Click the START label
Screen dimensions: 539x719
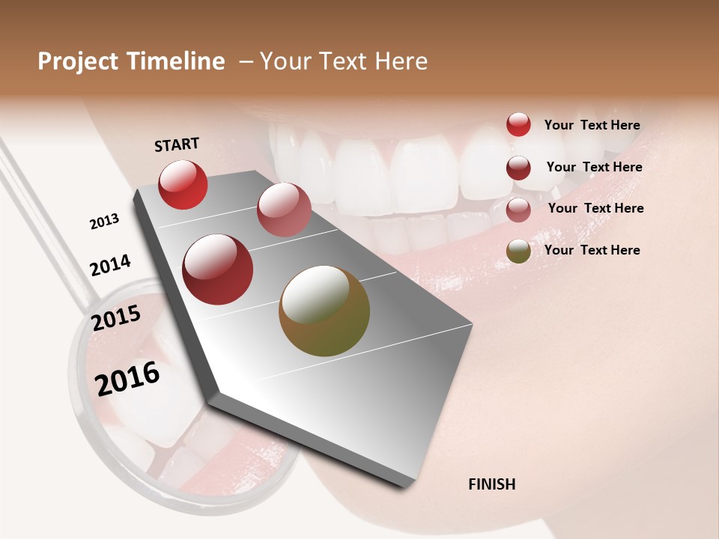pos(177,144)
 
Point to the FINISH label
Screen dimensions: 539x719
pos(492,484)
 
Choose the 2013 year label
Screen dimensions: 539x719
pos(105,222)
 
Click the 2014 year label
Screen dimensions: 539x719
pos(111,266)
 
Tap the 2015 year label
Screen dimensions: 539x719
pos(116,318)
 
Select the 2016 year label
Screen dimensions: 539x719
pos(127,379)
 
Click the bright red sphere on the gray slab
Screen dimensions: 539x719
pos(183,184)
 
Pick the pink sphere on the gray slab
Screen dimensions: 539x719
pos(284,210)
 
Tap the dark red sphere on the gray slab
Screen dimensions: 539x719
pos(218,269)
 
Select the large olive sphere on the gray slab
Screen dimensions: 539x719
pos(324,311)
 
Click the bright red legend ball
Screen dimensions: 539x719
pos(518,125)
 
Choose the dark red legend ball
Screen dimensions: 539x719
pos(518,168)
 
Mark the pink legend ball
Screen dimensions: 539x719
pos(518,210)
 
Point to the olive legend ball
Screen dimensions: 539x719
pos(518,251)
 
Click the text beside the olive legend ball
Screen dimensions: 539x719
pos(592,250)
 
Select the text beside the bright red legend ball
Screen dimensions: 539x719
pos(592,125)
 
